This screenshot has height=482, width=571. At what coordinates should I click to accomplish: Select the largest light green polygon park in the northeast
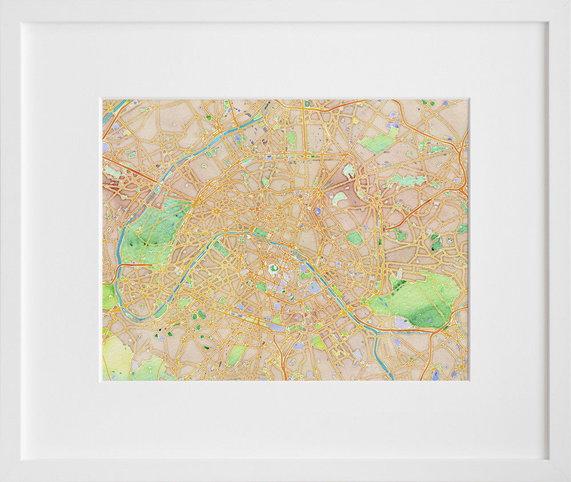[x=377, y=143]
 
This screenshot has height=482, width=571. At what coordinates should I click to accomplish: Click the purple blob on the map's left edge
[x=105, y=147]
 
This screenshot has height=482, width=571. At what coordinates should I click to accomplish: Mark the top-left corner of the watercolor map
[x=103, y=100]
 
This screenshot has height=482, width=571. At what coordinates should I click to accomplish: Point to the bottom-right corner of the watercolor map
[x=468, y=380]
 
